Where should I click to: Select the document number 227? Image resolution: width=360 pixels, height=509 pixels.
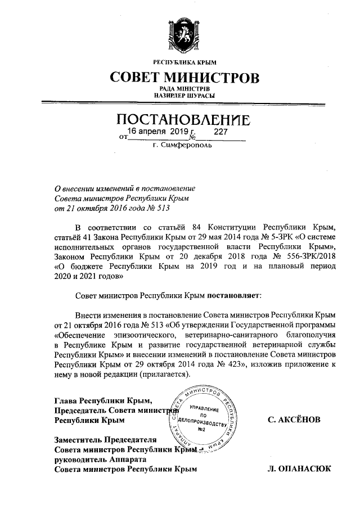pos(220,131)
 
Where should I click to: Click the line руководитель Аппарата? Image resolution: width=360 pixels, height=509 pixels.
pos(93,459)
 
